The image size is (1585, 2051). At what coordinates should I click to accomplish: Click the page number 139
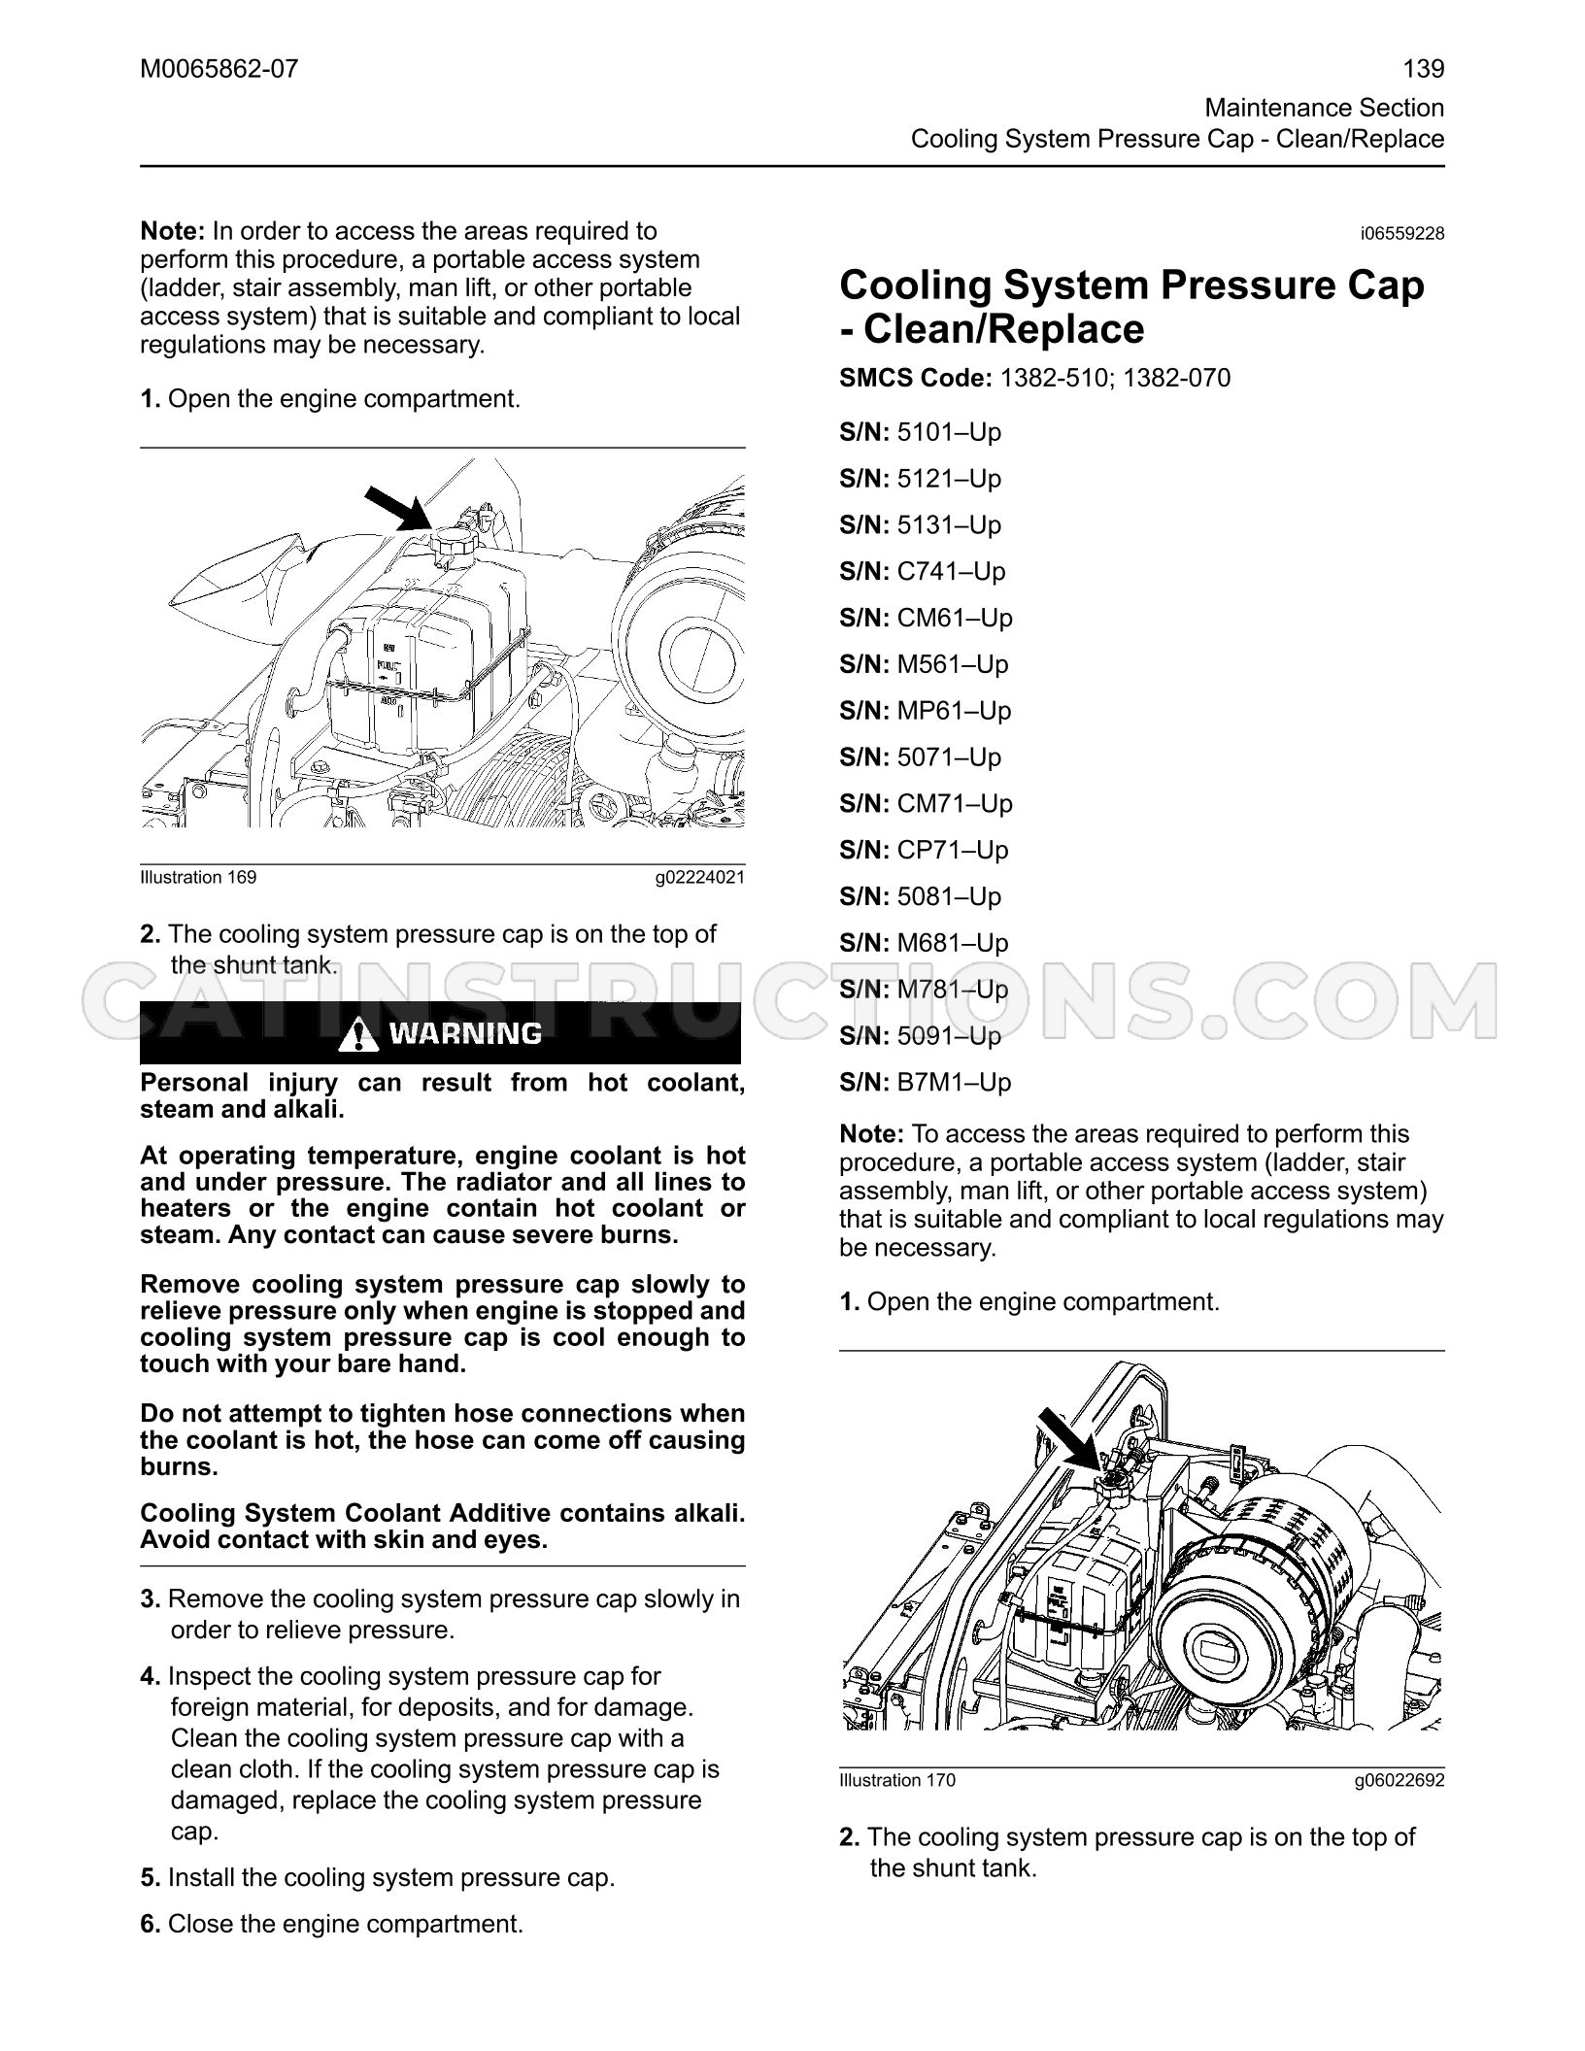[1424, 69]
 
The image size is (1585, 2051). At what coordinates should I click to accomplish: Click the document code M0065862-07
[219, 69]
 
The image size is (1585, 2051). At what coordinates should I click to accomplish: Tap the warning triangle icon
[359, 1033]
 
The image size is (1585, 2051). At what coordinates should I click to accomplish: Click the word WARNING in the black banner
[466, 1033]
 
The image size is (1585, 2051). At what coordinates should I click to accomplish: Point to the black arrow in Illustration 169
[398, 511]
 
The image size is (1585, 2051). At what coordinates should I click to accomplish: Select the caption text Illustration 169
[199, 878]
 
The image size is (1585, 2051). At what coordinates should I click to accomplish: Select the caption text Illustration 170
[897, 1780]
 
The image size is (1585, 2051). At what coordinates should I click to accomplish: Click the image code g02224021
[700, 878]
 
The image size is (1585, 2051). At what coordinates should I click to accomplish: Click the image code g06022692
[1400, 1780]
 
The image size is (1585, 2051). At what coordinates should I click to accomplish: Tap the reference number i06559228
[1402, 234]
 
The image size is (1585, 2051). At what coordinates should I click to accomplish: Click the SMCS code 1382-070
[1176, 378]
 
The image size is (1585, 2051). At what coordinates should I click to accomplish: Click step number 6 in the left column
[151, 1925]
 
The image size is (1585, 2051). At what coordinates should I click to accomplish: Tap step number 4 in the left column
[151, 1677]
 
